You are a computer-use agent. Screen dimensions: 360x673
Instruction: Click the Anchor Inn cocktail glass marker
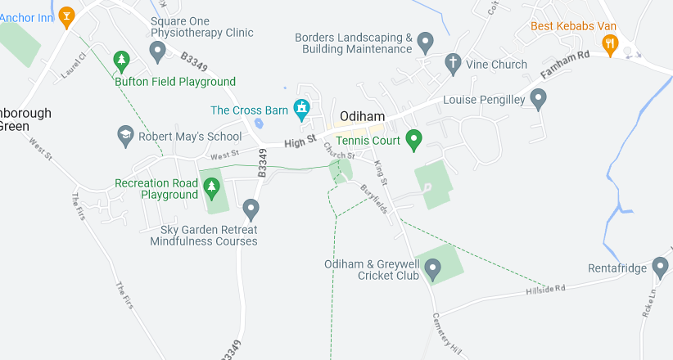tap(66, 14)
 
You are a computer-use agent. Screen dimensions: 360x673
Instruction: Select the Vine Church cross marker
tap(452, 62)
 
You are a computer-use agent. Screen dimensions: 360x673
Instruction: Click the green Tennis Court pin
tap(414, 140)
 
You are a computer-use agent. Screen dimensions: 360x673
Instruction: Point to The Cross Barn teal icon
tap(302, 107)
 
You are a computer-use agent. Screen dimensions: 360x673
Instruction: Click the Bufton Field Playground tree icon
tap(122, 60)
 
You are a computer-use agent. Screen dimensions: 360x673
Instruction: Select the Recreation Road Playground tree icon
tap(212, 187)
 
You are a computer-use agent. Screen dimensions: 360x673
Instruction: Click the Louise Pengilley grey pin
tap(538, 99)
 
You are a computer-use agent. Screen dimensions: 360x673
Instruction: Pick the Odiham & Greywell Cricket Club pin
tap(433, 267)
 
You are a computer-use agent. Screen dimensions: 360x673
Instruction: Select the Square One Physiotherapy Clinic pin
tap(158, 52)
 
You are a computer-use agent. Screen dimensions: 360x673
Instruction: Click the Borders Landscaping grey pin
tap(425, 41)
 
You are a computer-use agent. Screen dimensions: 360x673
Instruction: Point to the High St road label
tap(300, 143)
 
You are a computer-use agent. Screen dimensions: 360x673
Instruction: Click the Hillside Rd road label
tap(545, 290)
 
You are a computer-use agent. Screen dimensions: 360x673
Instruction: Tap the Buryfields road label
tap(374, 199)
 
